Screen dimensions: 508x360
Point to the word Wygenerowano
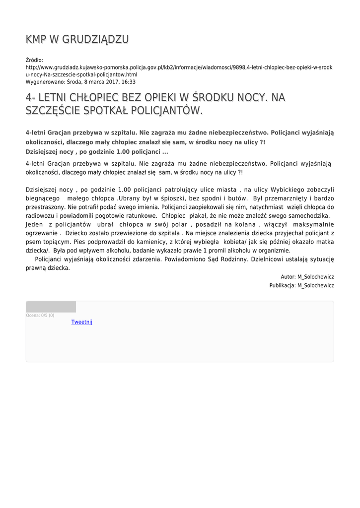(x=45, y=82)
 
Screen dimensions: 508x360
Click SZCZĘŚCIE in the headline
(x=49, y=110)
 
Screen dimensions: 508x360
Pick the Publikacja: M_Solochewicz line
(x=301, y=286)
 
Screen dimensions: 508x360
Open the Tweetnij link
(x=81, y=322)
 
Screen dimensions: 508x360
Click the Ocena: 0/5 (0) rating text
(x=40, y=316)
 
